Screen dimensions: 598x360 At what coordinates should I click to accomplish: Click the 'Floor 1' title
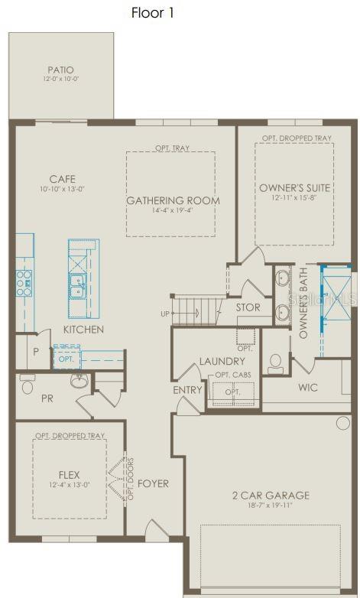158,13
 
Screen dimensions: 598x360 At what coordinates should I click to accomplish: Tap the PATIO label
60,69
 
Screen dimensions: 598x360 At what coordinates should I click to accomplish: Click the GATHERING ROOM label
173,201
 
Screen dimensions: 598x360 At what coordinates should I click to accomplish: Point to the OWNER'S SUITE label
294,187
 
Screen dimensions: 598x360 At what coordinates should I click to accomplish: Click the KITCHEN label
83,330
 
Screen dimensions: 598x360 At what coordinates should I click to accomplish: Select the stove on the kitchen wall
24,282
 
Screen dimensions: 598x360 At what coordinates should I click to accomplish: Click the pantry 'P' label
35,353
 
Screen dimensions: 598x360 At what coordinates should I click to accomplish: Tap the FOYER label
153,483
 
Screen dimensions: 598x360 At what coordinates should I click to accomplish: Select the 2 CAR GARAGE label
271,496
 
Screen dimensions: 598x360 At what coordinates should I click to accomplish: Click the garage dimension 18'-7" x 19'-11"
271,506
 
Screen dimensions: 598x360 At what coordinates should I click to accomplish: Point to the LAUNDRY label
222,361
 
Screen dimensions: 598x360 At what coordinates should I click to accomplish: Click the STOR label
248,307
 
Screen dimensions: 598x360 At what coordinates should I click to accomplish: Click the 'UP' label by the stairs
164,314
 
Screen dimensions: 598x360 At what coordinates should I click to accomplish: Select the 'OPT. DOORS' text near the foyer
130,478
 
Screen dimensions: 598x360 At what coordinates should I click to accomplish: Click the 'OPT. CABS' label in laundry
233,375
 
